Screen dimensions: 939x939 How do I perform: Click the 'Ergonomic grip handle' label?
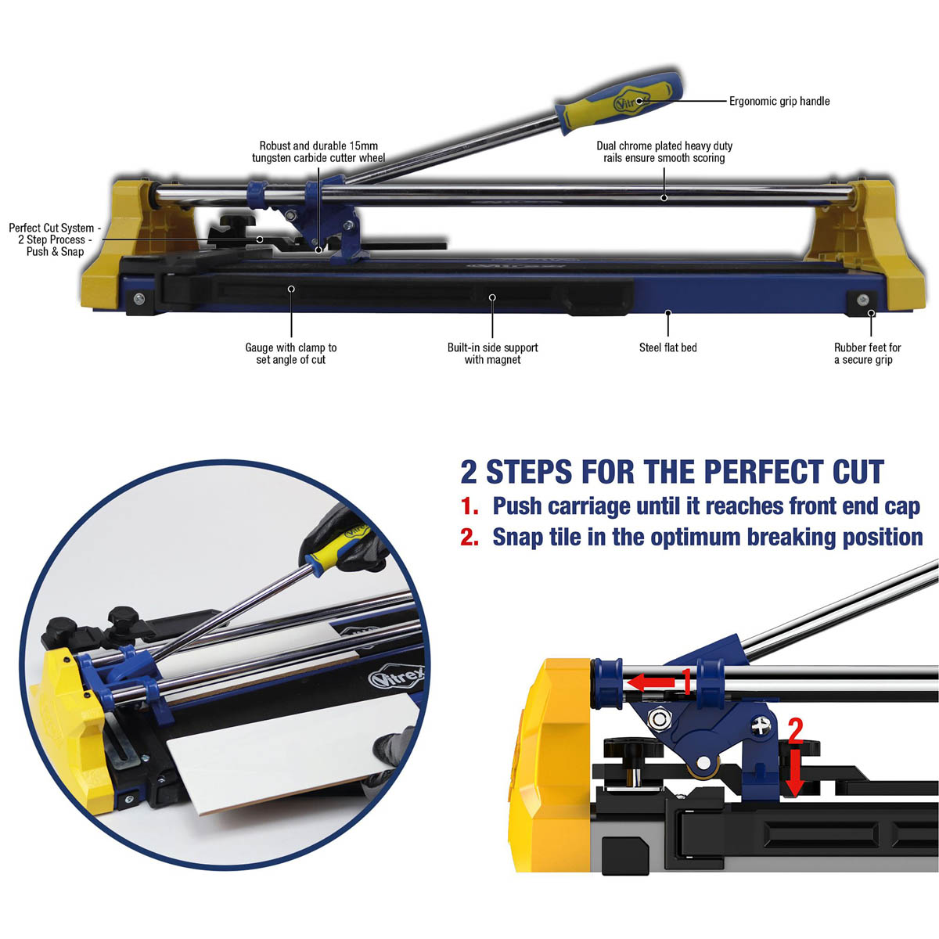[779, 101]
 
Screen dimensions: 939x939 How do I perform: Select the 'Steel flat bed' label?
[667, 347]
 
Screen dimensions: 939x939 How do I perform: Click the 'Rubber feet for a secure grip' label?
[866, 354]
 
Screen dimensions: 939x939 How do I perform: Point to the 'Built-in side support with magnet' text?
[492, 354]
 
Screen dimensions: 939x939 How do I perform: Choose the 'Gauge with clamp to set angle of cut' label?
[290, 354]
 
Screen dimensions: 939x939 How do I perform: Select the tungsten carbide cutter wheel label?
[318, 152]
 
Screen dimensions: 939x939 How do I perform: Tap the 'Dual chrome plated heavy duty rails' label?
[664, 152]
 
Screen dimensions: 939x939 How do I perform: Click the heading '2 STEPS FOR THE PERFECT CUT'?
[672, 473]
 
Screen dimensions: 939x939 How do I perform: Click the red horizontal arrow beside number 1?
[652, 682]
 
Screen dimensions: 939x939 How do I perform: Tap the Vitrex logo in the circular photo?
[397, 678]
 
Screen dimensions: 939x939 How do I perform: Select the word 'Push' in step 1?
[517, 506]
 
